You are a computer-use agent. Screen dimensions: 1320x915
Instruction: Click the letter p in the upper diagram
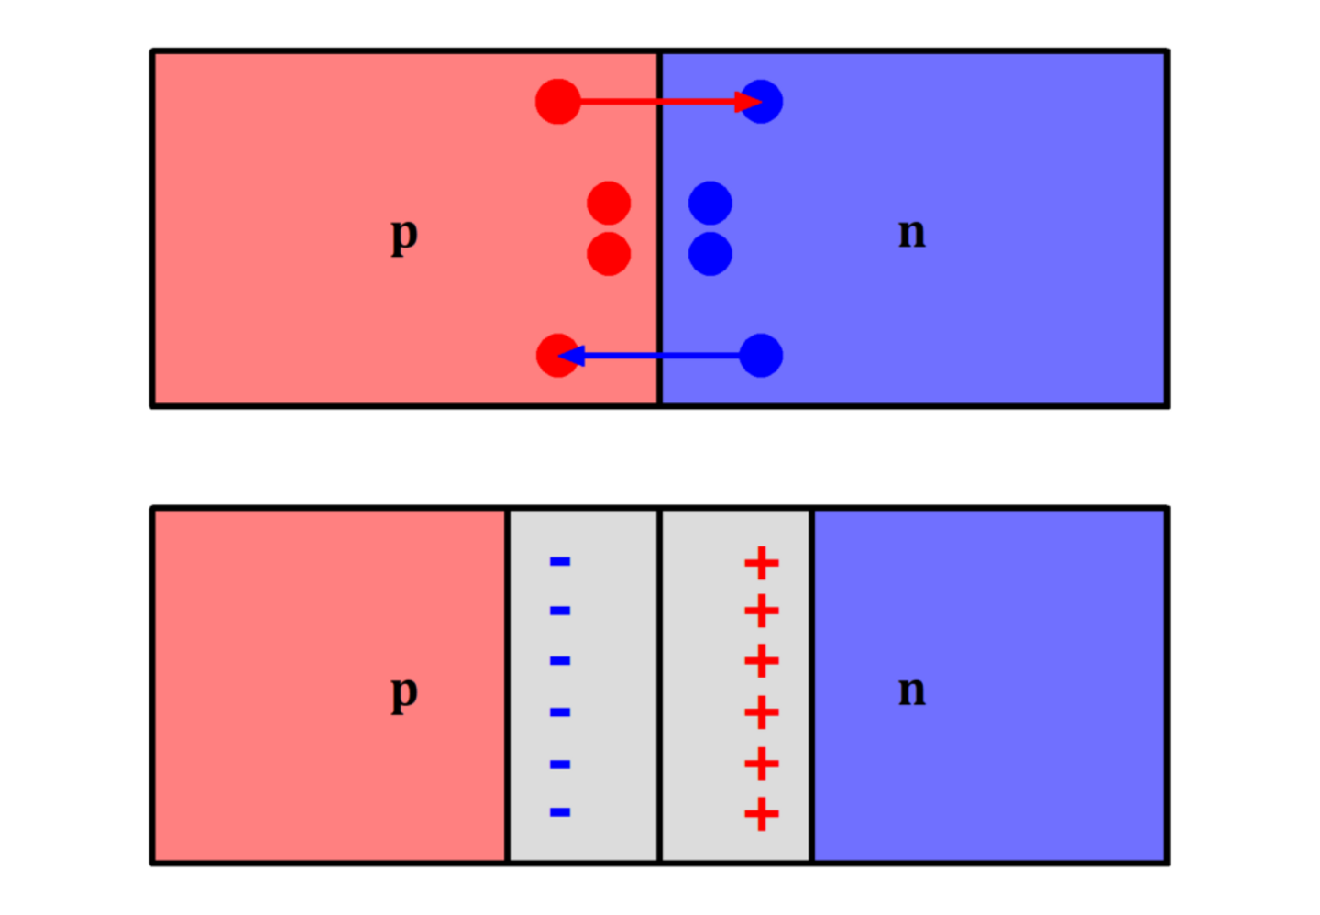tap(405, 236)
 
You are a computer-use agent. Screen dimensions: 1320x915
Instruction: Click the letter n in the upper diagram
tap(912, 234)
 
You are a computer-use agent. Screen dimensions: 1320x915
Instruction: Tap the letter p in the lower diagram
tap(405, 694)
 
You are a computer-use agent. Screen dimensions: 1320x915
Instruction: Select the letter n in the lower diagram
tap(912, 691)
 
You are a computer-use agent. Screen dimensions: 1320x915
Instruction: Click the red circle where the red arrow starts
tap(558, 102)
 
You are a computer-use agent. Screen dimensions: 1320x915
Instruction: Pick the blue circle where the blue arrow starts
tap(761, 356)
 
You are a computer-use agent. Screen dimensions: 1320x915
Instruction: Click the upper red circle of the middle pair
tap(609, 203)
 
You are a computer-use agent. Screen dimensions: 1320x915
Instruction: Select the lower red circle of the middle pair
tap(609, 254)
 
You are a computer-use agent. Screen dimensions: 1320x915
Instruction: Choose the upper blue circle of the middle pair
tap(710, 203)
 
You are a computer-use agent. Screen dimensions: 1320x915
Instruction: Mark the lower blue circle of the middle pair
tap(710, 254)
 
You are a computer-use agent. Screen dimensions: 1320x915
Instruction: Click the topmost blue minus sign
tap(560, 561)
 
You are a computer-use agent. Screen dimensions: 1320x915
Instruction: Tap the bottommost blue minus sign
tap(560, 813)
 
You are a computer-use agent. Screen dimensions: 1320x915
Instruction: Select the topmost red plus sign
tap(762, 563)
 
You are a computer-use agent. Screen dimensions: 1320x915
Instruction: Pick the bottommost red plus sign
tap(762, 814)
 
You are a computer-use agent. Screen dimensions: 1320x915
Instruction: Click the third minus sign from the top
tap(560, 661)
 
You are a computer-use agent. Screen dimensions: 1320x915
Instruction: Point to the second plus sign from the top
tap(762, 611)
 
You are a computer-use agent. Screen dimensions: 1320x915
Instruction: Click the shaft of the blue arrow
tap(660, 356)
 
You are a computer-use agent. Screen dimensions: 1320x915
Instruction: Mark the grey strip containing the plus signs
tap(735, 686)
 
